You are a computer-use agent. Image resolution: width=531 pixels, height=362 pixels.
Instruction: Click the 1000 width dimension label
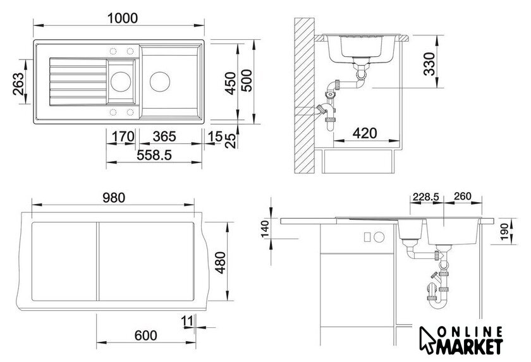(122, 18)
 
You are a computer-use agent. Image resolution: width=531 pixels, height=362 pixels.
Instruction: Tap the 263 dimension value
(18, 84)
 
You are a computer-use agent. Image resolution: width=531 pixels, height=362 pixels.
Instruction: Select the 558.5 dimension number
(154, 155)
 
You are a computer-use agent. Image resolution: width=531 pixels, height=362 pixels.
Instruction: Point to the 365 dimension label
(164, 136)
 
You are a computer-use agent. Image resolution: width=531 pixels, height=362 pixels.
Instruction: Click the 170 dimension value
(123, 136)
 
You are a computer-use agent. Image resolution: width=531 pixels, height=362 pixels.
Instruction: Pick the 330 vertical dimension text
(429, 64)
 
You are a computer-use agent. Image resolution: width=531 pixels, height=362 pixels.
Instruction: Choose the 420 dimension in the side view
(365, 133)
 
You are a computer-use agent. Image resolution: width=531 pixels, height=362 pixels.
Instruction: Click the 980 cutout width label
(114, 198)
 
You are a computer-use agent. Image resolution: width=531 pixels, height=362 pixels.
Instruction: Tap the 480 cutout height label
(221, 263)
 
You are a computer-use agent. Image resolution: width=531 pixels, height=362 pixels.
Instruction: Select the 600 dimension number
(145, 335)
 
